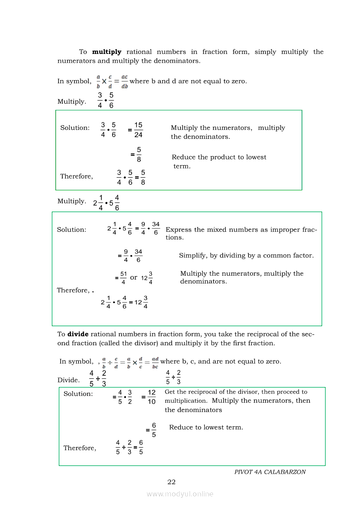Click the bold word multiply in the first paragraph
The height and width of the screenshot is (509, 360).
pyautogui.click(x=107, y=52)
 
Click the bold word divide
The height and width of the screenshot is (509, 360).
pyautogui.click(x=78, y=334)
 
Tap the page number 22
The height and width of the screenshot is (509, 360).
pyautogui.click(x=171, y=482)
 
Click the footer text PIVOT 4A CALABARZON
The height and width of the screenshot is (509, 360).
pyautogui.click(x=270, y=472)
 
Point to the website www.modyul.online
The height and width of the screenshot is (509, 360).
pyautogui.click(x=180, y=494)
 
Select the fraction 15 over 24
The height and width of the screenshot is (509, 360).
pyautogui.click(x=138, y=130)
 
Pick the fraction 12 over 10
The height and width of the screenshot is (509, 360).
pyautogui.click(x=151, y=397)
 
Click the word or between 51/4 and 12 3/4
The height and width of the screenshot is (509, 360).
pyautogui.click(x=134, y=277)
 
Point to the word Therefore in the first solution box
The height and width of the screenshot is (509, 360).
pyautogui.click(x=76, y=176)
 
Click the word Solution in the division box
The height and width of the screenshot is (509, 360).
pyautogui.click(x=78, y=394)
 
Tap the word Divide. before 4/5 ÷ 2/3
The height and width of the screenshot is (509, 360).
pyautogui.click(x=68, y=380)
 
